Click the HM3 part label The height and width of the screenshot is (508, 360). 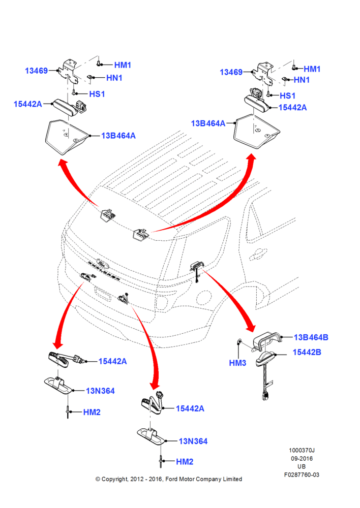pyautogui.click(x=237, y=363)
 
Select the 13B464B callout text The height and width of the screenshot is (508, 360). pyautogui.click(x=311, y=337)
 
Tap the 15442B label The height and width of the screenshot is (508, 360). pyautogui.click(x=307, y=352)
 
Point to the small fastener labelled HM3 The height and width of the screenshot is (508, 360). pyautogui.click(x=239, y=341)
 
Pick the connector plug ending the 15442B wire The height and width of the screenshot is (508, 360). pyautogui.click(x=265, y=396)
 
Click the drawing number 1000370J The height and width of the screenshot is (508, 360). pyautogui.click(x=302, y=450)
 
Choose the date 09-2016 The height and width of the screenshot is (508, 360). pyautogui.click(x=302, y=458)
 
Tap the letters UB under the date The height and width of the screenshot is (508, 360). pyautogui.click(x=302, y=466)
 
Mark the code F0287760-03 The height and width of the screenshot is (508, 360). pyautogui.click(x=302, y=474)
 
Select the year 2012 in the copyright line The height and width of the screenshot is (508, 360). pyautogui.click(x=137, y=479)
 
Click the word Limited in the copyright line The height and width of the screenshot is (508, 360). pyautogui.click(x=232, y=479)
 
